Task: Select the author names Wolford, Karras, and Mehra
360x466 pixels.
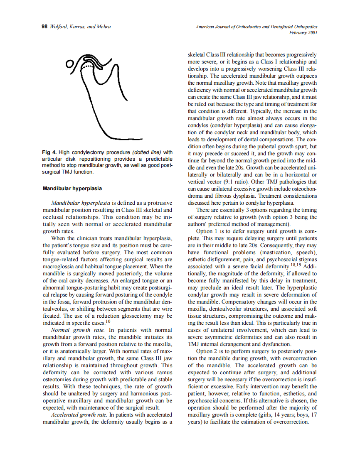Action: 80,27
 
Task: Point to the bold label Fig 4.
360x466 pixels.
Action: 49,152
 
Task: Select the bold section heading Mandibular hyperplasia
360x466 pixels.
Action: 72,189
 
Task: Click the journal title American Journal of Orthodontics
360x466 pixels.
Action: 233,27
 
